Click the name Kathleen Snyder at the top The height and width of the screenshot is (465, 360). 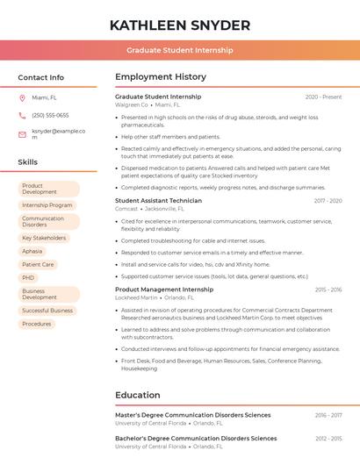(x=180, y=25)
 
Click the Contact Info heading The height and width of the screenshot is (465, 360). (x=40, y=77)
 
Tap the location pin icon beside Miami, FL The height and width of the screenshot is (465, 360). (x=22, y=97)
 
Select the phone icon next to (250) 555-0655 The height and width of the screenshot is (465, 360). (x=22, y=115)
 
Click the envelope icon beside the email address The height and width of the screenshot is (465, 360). (x=22, y=134)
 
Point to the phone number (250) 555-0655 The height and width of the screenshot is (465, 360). (x=50, y=115)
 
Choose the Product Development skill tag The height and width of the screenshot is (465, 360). (x=48, y=189)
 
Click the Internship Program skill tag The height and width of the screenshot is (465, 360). (x=47, y=205)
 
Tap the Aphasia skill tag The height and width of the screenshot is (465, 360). (x=32, y=251)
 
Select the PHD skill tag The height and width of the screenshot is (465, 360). (x=29, y=277)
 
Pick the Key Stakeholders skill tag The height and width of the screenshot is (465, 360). (x=44, y=238)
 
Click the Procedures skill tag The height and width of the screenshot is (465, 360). (x=37, y=324)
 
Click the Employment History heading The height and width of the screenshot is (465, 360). (x=161, y=77)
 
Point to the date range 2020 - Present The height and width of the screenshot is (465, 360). (x=323, y=97)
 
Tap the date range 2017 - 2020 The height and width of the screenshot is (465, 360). (x=328, y=201)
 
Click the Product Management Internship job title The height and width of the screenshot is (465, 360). (x=164, y=290)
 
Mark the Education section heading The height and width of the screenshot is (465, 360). (x=138, y=395)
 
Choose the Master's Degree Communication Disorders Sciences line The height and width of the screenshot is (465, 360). (x=193, y=415)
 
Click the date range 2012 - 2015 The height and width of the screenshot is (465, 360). (x=328, y=438)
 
